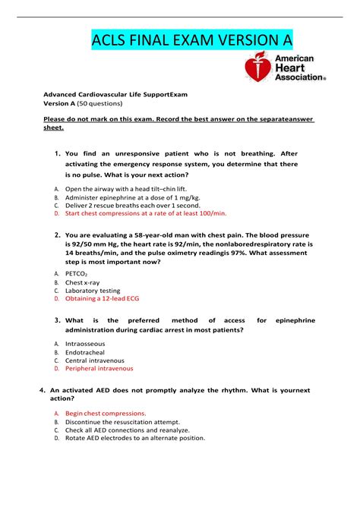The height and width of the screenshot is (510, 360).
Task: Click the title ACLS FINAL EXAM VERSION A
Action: click(191, 39)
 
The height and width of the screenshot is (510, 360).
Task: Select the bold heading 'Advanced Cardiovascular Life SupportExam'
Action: click(125, 94)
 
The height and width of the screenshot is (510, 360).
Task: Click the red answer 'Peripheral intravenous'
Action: click(99, 369)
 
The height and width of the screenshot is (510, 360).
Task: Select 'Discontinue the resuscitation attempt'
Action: click(122, 421)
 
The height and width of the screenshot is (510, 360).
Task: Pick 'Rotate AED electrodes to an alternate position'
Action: click(135, 438)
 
